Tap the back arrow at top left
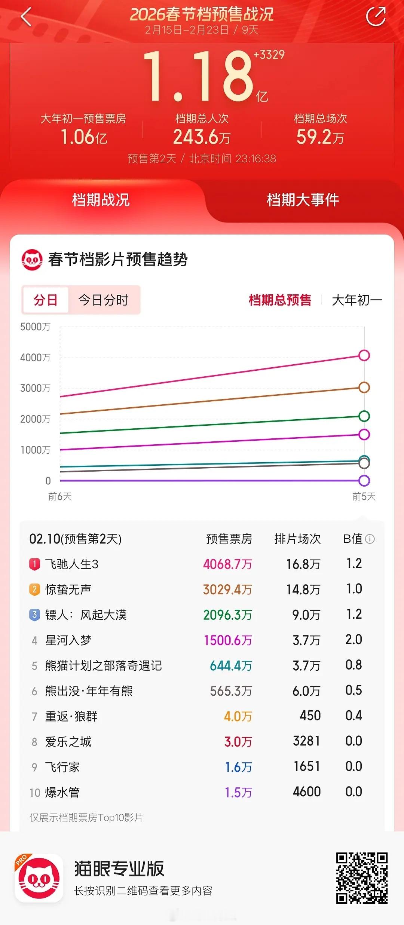[26, 17]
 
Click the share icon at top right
[376, 17]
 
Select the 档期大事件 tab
[303, 200]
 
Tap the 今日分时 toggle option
[103, 300]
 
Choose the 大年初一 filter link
[357, 300]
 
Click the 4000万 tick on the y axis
[35, 358]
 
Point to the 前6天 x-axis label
[60, 496]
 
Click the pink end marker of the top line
[364, 355]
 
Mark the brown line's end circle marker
[364, 388]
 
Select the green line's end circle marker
[364, 416]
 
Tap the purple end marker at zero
[364, 481]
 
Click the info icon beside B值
[370, 539]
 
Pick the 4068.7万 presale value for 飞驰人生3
[227, 564]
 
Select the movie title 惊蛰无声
[68, 589]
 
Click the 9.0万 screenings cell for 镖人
[306, 615]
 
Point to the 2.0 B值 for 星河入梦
[353, 640]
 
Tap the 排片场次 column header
[297, 539]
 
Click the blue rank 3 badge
[34, 615]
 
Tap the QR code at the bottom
[361, 878]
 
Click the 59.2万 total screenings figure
[320, 137]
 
